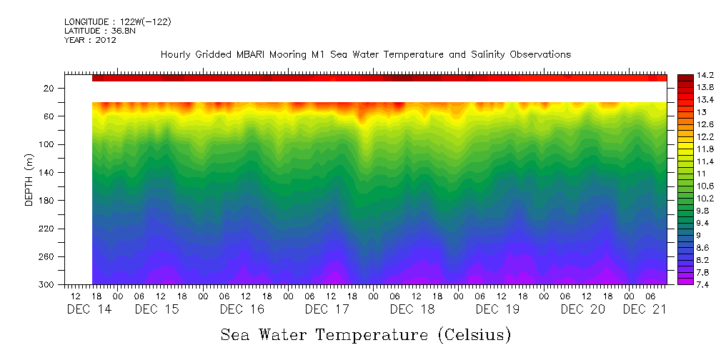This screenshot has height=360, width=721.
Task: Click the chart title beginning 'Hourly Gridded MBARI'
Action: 365,54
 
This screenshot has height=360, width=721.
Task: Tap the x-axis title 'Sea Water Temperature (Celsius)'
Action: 365,334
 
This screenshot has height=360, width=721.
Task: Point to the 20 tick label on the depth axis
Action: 51,89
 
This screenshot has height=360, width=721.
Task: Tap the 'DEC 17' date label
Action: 327,309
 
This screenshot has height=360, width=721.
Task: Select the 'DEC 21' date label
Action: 645,309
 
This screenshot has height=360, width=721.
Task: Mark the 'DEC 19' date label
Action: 497,309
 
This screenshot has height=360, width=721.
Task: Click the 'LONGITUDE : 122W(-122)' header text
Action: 117,22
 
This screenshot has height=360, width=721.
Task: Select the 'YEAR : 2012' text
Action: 90,40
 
